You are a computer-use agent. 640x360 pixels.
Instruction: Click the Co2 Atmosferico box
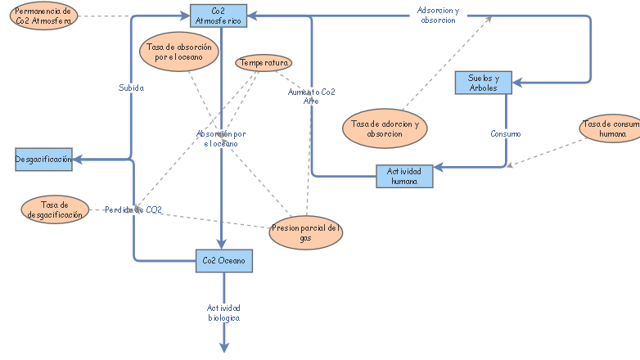pos(218,16)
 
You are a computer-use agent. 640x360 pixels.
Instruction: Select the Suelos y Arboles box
pos(483,83)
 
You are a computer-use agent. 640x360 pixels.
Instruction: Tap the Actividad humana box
pos(404,176)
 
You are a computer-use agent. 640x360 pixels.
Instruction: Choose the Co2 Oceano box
pos(223,261)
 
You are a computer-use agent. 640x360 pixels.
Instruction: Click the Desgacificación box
pos(43,159)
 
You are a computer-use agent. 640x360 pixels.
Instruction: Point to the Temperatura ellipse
pos(264,62)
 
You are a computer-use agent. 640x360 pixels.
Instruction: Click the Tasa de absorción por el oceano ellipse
pos(179,52)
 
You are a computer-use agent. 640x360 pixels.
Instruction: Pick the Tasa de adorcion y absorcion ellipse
pos(385,128)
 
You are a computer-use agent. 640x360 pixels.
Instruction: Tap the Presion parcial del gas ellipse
pos(306,232)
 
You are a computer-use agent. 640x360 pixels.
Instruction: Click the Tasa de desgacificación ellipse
pos(53,209)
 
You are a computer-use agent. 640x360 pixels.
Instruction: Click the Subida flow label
pos(131,88)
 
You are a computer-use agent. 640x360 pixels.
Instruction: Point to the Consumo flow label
pos(505,133)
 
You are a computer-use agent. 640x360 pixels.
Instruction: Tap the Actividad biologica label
pos(223,313)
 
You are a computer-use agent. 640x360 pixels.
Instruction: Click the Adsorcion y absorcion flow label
pos(438,15)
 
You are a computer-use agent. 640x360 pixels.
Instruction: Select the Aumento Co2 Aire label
pos(311,97)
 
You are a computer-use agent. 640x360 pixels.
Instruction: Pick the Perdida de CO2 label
pos(133,210)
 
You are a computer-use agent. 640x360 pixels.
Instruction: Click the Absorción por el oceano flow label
pos(221,138)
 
